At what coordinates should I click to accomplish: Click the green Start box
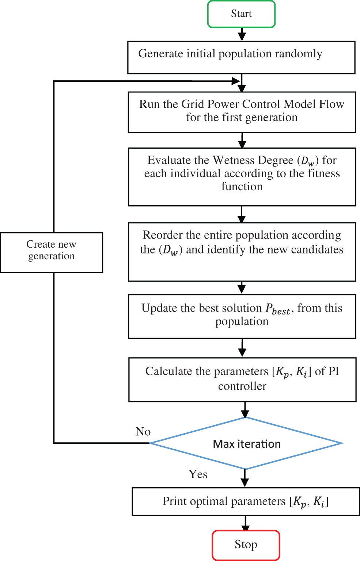click(x=241, y=14)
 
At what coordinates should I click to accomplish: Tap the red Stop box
click(x=246, y=545)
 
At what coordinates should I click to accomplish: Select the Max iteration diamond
click(x=246, y=443)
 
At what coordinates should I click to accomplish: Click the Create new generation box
click(x=52, y=252)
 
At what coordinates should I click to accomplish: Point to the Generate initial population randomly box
click(x=241, y=57)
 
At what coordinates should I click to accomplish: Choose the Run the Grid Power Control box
click(x=242, y=112)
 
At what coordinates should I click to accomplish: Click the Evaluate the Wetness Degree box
click(x=242, y=176)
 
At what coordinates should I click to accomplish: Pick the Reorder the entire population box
click(x=242, y=252)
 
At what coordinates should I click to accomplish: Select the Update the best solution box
click(x=242, y=316)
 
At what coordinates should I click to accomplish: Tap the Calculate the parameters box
click(x=242, y=379)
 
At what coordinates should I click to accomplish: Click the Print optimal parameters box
click(x=246, y=501)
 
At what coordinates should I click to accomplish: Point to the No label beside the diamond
click(x=143, y=432)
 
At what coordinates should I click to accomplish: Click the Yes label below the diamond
click(x=198, y=474)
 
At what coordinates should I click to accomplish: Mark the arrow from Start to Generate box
click(x=242, y=34)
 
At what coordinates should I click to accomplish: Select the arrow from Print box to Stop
click(x=246, y=523)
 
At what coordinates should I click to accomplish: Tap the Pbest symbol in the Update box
click(x=278, y=309)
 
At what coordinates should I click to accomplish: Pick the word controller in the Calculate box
click(x=242, y=386)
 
